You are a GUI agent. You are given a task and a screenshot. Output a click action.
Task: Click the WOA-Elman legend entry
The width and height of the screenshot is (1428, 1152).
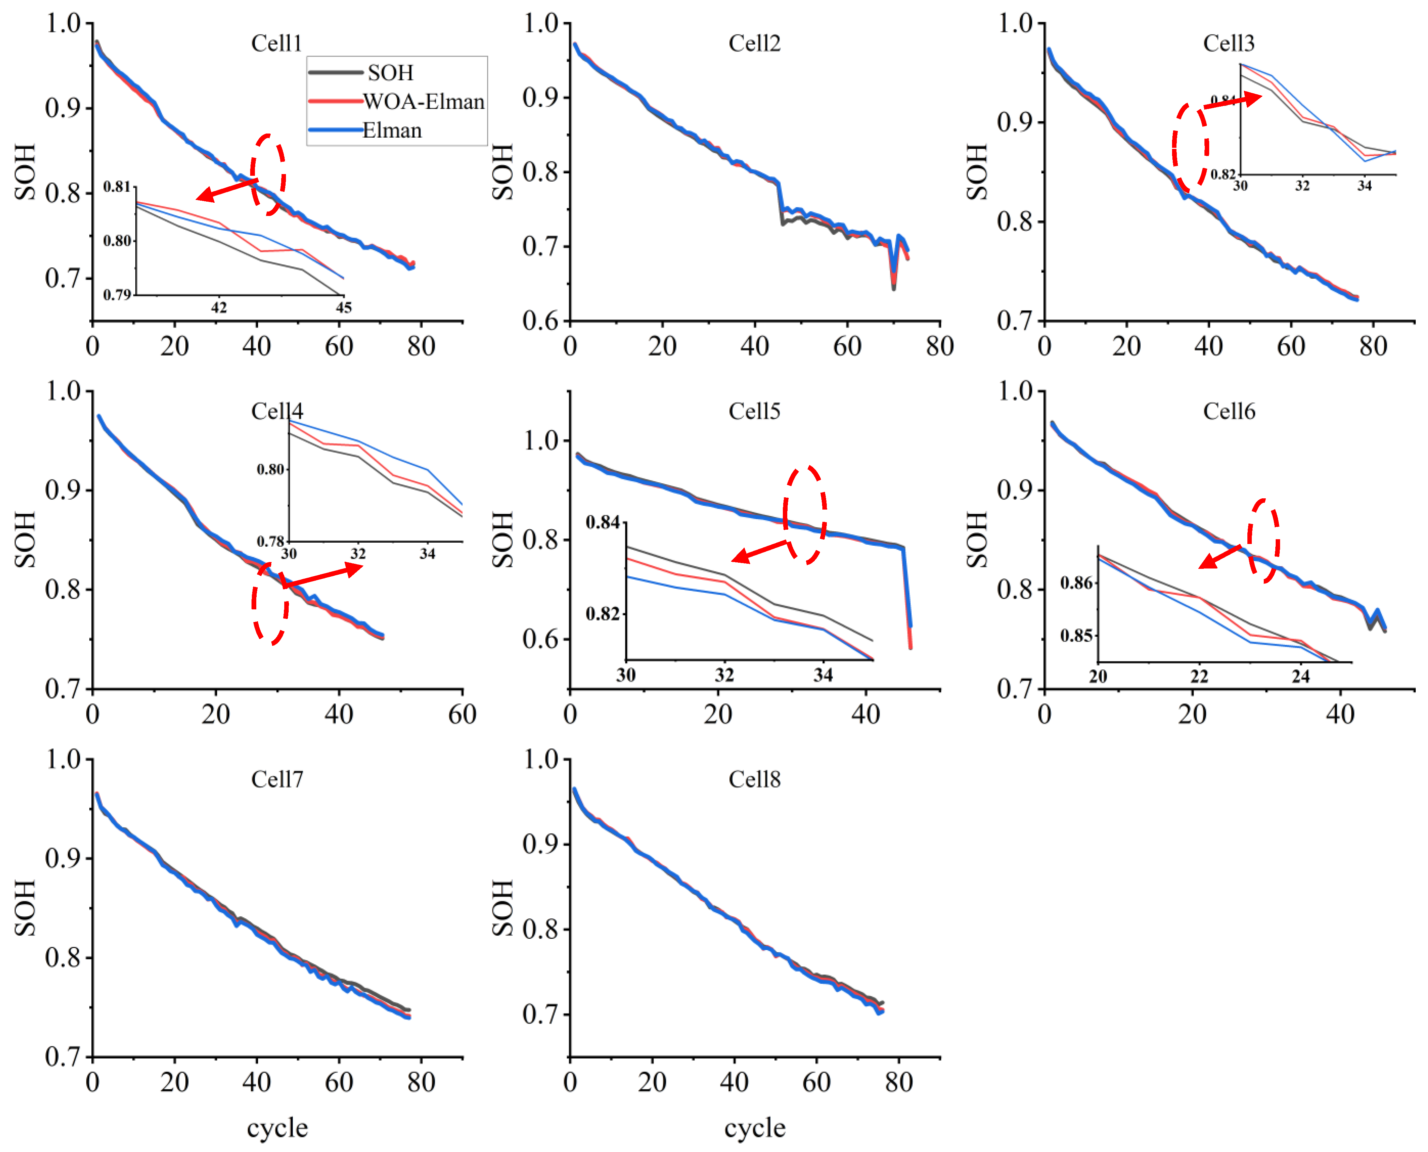pyautogui.click(x=423, y=102)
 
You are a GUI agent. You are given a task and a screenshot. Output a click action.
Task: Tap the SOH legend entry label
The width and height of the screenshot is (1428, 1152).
pyautogui.click(x=390, y=72)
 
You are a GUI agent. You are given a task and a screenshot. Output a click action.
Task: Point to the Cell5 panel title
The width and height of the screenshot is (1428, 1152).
pyautogui.click(x=754, y=411)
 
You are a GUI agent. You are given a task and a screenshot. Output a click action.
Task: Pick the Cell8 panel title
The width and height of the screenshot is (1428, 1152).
pyautogui.click(x=754, y=779)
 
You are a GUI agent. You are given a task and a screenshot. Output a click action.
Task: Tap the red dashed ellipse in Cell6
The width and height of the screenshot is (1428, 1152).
pyautogui.click(x=1263, y=541)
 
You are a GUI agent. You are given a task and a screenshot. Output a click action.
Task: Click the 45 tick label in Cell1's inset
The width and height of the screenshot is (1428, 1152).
pyautogui.click(x=343, y=307)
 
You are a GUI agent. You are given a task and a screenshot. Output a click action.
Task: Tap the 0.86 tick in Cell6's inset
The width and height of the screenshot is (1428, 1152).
pyautogui.click(x=1076, y=582)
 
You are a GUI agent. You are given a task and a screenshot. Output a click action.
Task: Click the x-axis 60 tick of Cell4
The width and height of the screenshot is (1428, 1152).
pyautogui.click(x=462, y=715)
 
